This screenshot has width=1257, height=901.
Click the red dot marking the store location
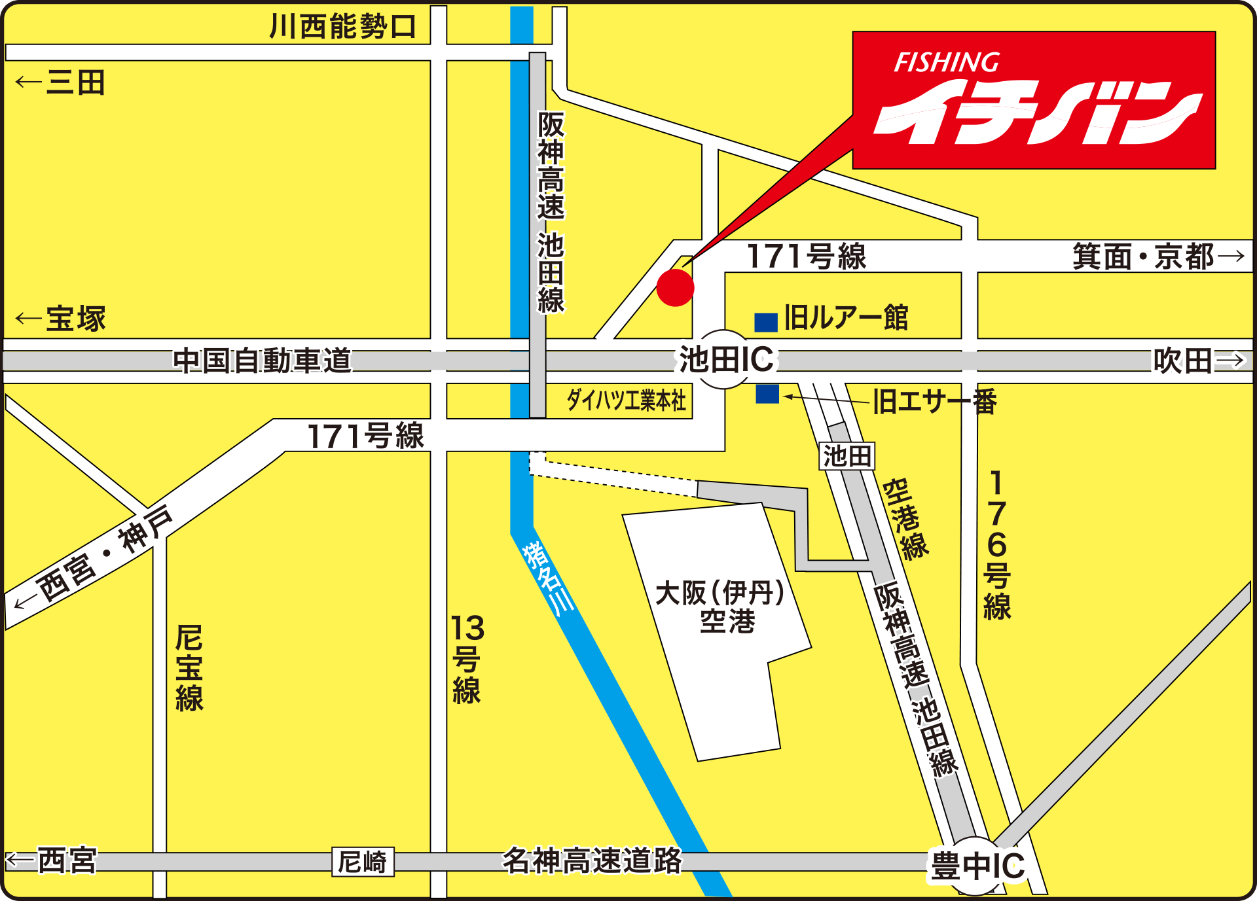[675, 288]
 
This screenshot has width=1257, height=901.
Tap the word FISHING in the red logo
[947, 63]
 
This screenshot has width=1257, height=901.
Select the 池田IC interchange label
[725, 360]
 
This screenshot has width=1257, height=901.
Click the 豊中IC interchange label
[977, 866]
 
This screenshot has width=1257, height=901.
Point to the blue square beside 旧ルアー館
[765, 322]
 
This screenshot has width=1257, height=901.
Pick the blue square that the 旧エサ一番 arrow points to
[767, 394]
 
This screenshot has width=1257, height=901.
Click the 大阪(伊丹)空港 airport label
[720, 607]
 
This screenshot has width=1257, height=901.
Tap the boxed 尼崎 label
[363, 862]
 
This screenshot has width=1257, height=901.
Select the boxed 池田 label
[847, 456]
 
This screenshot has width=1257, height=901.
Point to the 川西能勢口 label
[343, 27]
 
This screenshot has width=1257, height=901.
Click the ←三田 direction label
[61, 83]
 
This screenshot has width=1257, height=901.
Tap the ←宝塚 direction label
[61, 319]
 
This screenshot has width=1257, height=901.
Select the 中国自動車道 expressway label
[262, 361]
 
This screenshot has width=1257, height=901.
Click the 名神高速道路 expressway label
[592, 860]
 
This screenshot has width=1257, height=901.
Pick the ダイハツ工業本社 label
[626, 400]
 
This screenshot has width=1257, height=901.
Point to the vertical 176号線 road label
[996, 544]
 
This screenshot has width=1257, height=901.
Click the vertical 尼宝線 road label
[189, 667]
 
